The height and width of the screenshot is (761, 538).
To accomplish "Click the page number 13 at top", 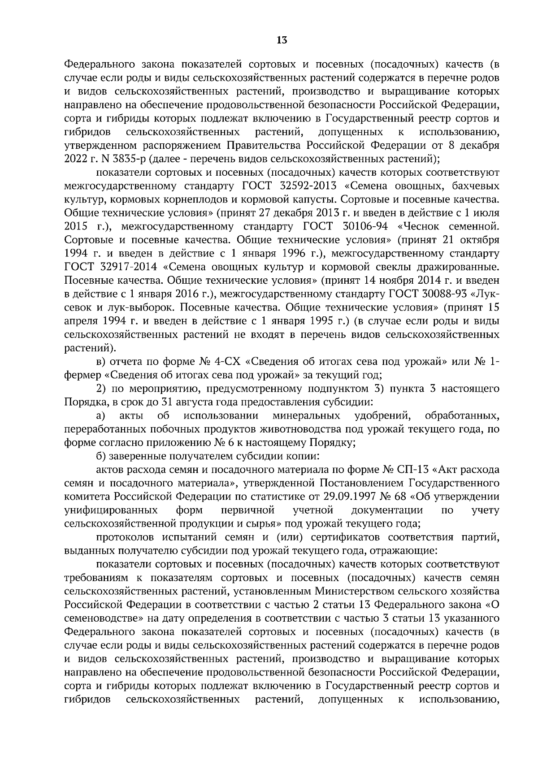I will pyautogui.click(x=282, y=40).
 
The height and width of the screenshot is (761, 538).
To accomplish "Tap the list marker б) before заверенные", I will pyautogui.click(x=101, y=456).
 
